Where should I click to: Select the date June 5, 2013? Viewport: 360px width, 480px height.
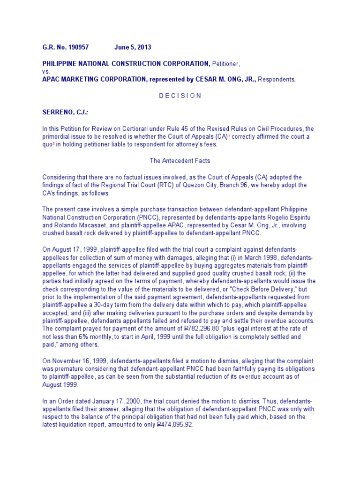click(133, 48)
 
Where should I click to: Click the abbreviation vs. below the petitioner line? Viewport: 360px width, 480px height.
click(46, 72)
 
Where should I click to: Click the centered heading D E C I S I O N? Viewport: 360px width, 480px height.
click(180, 96)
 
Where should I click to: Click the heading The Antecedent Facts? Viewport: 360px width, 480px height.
click(180, 160)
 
